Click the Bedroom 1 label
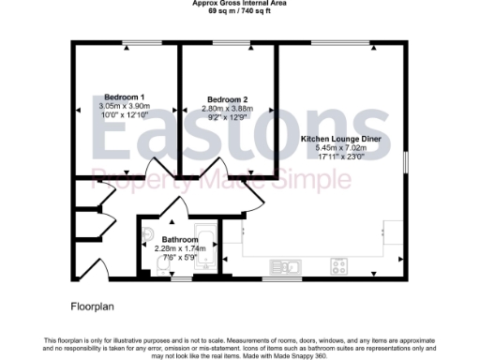pyautogui.click(x=124, y=97)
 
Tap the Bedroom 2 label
pyautogui.click(x=227, y=100)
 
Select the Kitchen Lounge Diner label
pyautogui.click(x=340, y=139)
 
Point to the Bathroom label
pyautogui.click(x=179, y=239)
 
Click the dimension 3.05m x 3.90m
pyautogui.click(x=124, y=106)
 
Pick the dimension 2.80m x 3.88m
pyautogui.click(x=227, y=109)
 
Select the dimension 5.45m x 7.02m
pyautogui.click(x=340, y=147)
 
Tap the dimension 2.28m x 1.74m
pyautogui.click(x=179, y=247)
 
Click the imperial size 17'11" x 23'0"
pyautogui.click(x=340, y=156)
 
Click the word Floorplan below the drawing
pyautogui.click(x=92, y=307)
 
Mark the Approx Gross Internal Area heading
pyautogui.click(x=239, y=3)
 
